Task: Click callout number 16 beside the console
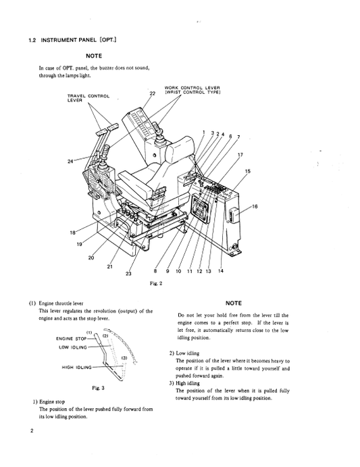point(254,206)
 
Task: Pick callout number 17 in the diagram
point(240,154)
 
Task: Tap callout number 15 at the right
point(247,172)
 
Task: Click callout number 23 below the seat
point(128,273)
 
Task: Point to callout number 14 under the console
point(221,271)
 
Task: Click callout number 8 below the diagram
point(157,271)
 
